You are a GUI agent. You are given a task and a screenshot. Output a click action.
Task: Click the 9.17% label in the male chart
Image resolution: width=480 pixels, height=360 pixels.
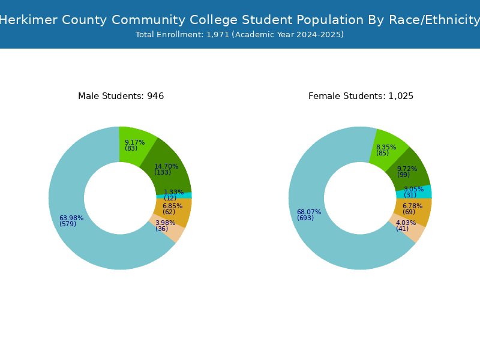tap(134, 142)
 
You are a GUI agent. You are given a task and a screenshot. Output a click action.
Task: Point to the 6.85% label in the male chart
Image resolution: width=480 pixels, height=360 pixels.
tap(172, 206)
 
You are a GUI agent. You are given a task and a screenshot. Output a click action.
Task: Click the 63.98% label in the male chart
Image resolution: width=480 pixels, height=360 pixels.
tap(71, 218)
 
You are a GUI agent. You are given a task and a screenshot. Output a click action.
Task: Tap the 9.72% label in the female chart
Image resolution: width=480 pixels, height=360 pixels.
tap(407, 169)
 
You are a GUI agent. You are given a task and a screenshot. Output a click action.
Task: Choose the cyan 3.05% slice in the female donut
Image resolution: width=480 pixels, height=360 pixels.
tap(414, 191)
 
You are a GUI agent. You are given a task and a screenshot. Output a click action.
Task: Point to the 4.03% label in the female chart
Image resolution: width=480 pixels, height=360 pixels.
tap(406, 223)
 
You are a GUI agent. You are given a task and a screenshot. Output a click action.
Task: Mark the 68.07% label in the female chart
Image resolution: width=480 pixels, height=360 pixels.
tap(309, 212)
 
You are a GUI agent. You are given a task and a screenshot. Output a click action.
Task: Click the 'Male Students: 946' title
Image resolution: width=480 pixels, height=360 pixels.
tap(121, 96)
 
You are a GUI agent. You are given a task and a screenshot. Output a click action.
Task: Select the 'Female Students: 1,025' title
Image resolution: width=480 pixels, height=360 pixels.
tap(361, 96)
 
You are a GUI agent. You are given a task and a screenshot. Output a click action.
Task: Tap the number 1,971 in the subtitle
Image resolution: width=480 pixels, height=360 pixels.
tap(218, 35)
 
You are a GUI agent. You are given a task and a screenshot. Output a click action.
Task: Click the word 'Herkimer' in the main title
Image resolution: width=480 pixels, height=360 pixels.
tap(28, 20)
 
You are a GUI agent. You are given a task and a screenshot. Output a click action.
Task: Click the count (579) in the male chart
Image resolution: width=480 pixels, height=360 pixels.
tap(68, 224)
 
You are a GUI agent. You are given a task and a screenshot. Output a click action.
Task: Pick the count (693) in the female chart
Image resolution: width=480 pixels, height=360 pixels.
tap(305, 218)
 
